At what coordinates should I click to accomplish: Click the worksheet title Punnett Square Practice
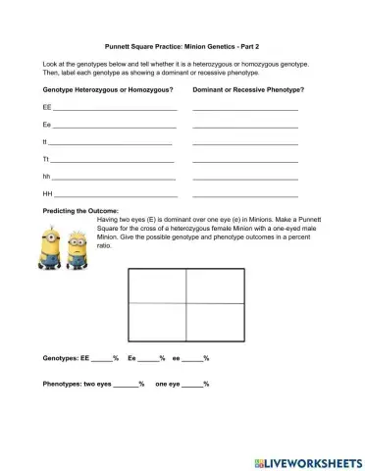tap(182, 45)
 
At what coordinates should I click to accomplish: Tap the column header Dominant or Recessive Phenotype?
tap(247, 89)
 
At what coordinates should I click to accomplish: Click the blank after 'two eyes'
tap(128, 384)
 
